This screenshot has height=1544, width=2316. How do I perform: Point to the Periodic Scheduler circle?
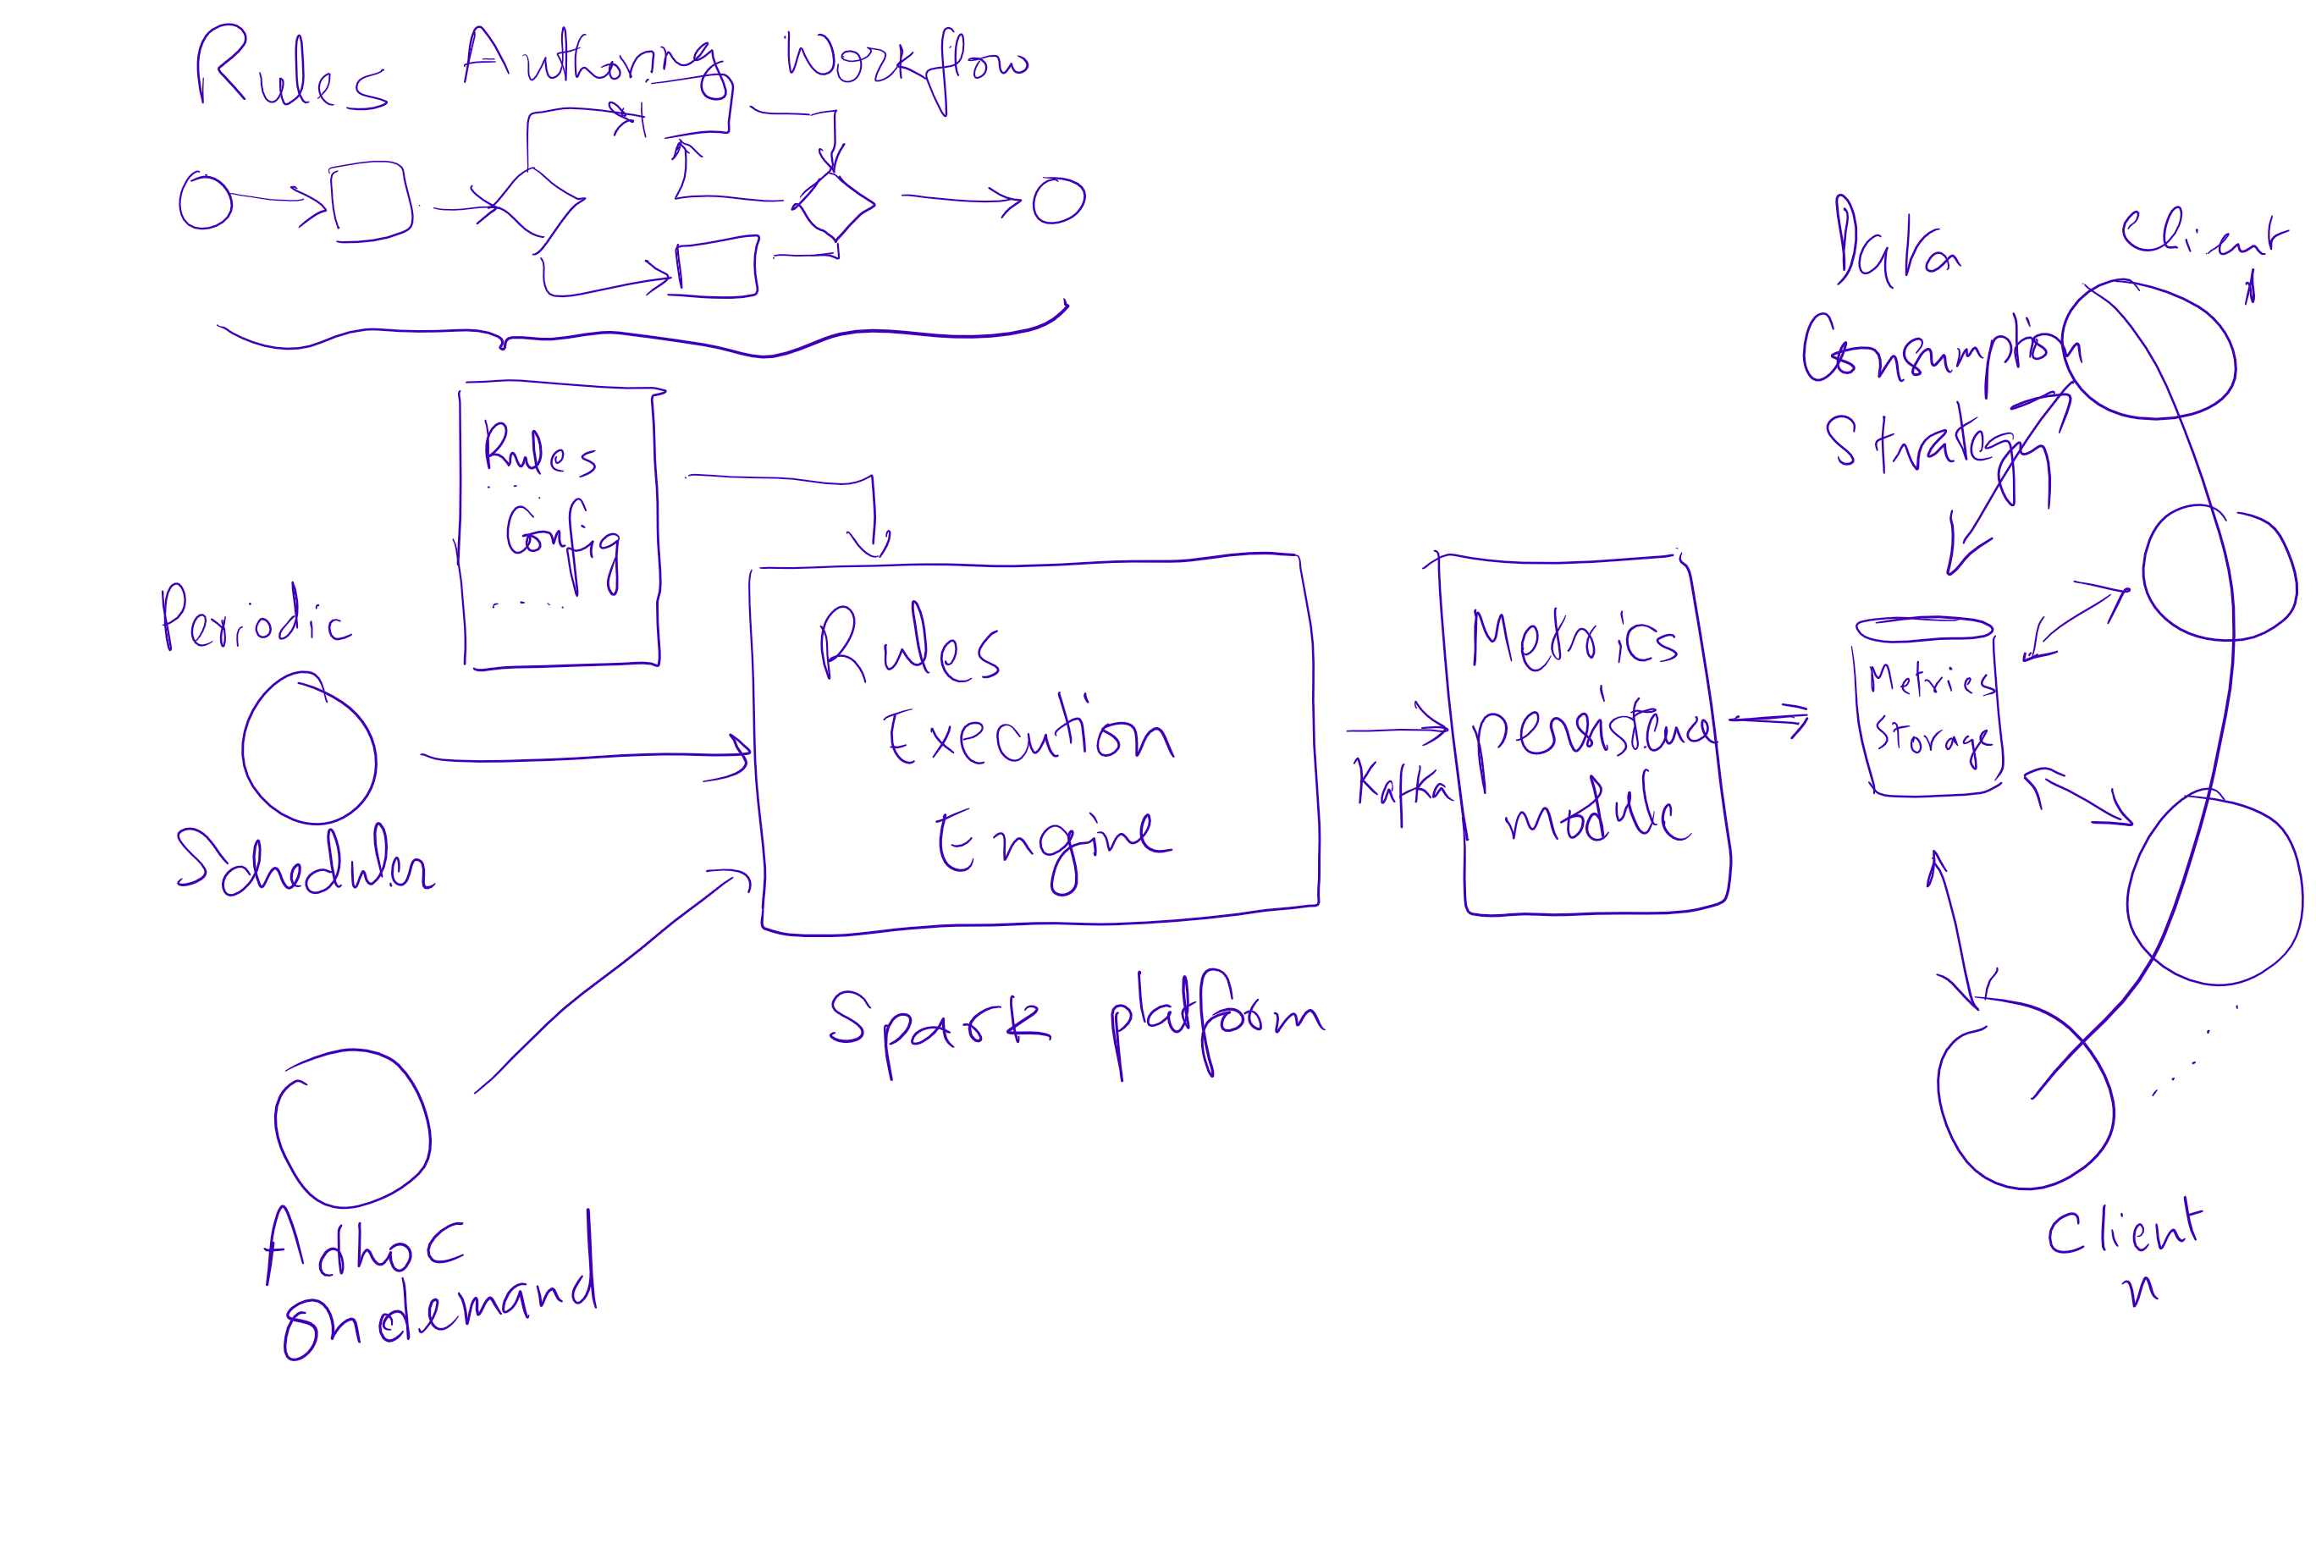309,748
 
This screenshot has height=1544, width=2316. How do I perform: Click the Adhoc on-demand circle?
352,1128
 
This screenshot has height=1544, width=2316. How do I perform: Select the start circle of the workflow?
205,201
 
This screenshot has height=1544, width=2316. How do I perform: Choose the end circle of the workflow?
1059,201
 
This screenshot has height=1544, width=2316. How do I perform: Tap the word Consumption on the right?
1940,355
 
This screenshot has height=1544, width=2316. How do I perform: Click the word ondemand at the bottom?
438,1310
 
